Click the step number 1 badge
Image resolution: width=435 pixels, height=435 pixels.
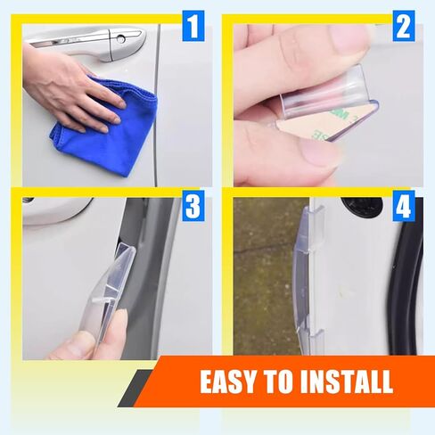pos(193,26)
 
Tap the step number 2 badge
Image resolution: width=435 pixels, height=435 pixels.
pos(404,26)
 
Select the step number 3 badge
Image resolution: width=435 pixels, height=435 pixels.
pos(193,206)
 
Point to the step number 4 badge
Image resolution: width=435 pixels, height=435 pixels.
pos(404,206)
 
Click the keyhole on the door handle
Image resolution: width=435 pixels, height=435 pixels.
pos(120,39)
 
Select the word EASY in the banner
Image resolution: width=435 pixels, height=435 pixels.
pos(227,382)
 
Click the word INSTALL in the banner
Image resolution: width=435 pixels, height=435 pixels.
pos(347,382)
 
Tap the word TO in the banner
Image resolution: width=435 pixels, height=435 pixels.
pos(277,382)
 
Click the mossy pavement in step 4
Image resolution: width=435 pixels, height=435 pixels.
pos(266,276)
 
